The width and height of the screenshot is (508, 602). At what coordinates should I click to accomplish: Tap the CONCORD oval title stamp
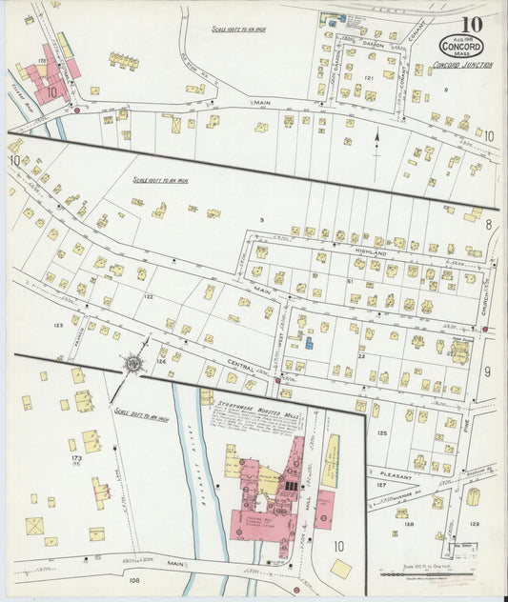point(461,47)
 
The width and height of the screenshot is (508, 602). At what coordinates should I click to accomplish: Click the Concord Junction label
point(462,66)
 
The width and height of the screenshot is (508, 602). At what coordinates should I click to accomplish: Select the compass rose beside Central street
point(132,362)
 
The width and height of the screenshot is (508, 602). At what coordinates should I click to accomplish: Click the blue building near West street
point(307,342)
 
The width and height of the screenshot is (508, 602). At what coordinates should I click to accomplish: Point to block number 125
point(381,433)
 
